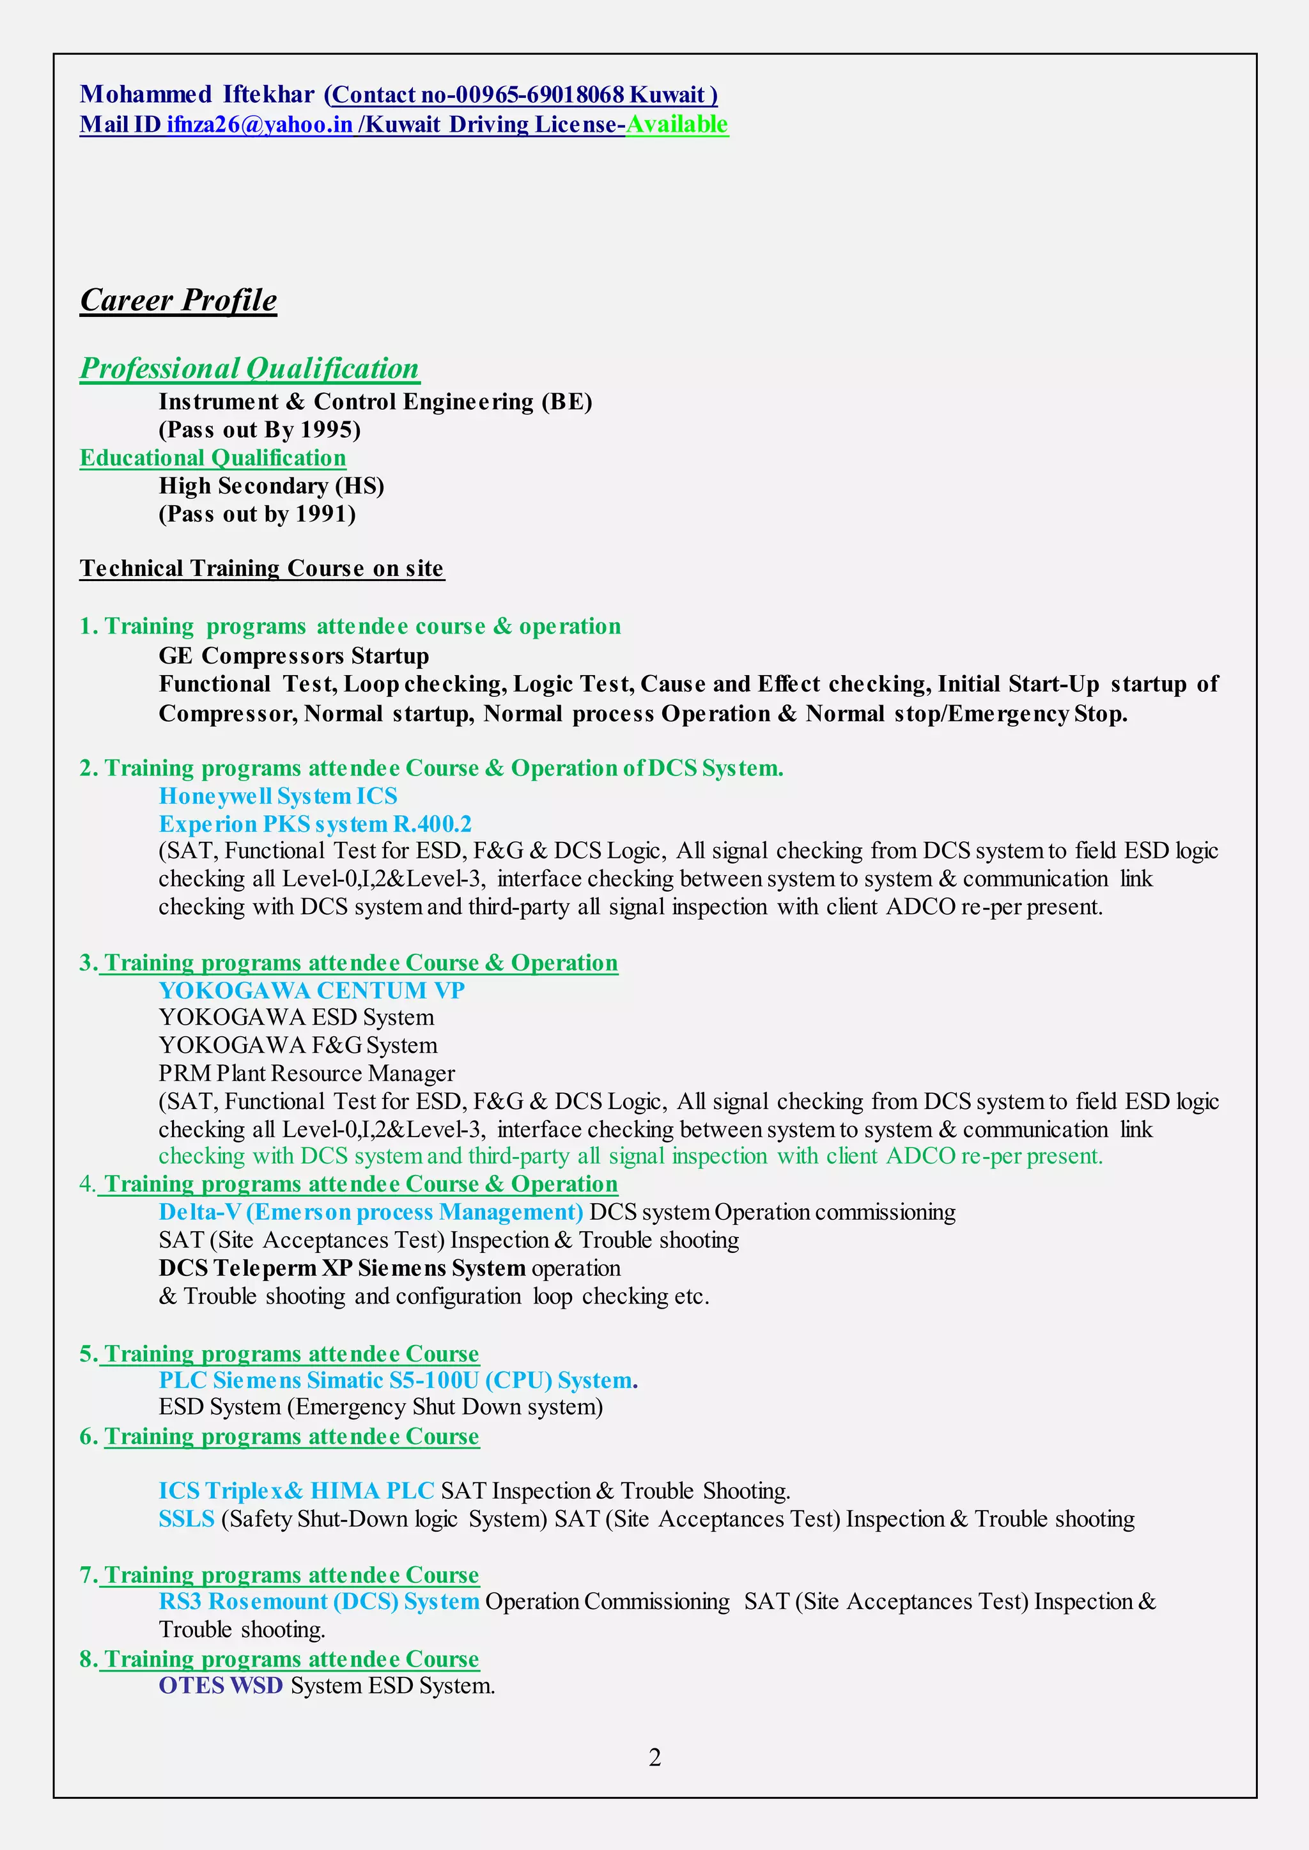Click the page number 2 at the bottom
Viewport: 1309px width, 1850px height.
tap(654, 1757)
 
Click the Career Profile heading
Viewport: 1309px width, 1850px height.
tap(178, 300)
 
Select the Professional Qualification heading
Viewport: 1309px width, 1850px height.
tap(249, 368)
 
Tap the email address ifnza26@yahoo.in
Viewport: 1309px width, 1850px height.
tap(259, 124)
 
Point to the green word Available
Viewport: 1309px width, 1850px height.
tap(677, 124)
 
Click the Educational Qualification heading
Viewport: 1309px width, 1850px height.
tap(213, 458)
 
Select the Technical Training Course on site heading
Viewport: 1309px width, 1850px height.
tap(261, 568)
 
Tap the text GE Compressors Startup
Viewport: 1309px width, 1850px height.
tap(293, 655)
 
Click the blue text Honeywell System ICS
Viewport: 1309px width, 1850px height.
tap(278, 797)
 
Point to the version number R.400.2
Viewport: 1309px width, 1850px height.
tap(432, 824)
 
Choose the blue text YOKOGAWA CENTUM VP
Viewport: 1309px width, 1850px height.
tap(311, 990)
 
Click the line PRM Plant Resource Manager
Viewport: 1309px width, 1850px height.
tap(306, 1074)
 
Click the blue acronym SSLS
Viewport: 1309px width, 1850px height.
tap(186, 1519)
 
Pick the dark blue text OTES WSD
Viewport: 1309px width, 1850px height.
tap(220, 1686)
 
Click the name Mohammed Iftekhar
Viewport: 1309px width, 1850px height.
tap(197, 95)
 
